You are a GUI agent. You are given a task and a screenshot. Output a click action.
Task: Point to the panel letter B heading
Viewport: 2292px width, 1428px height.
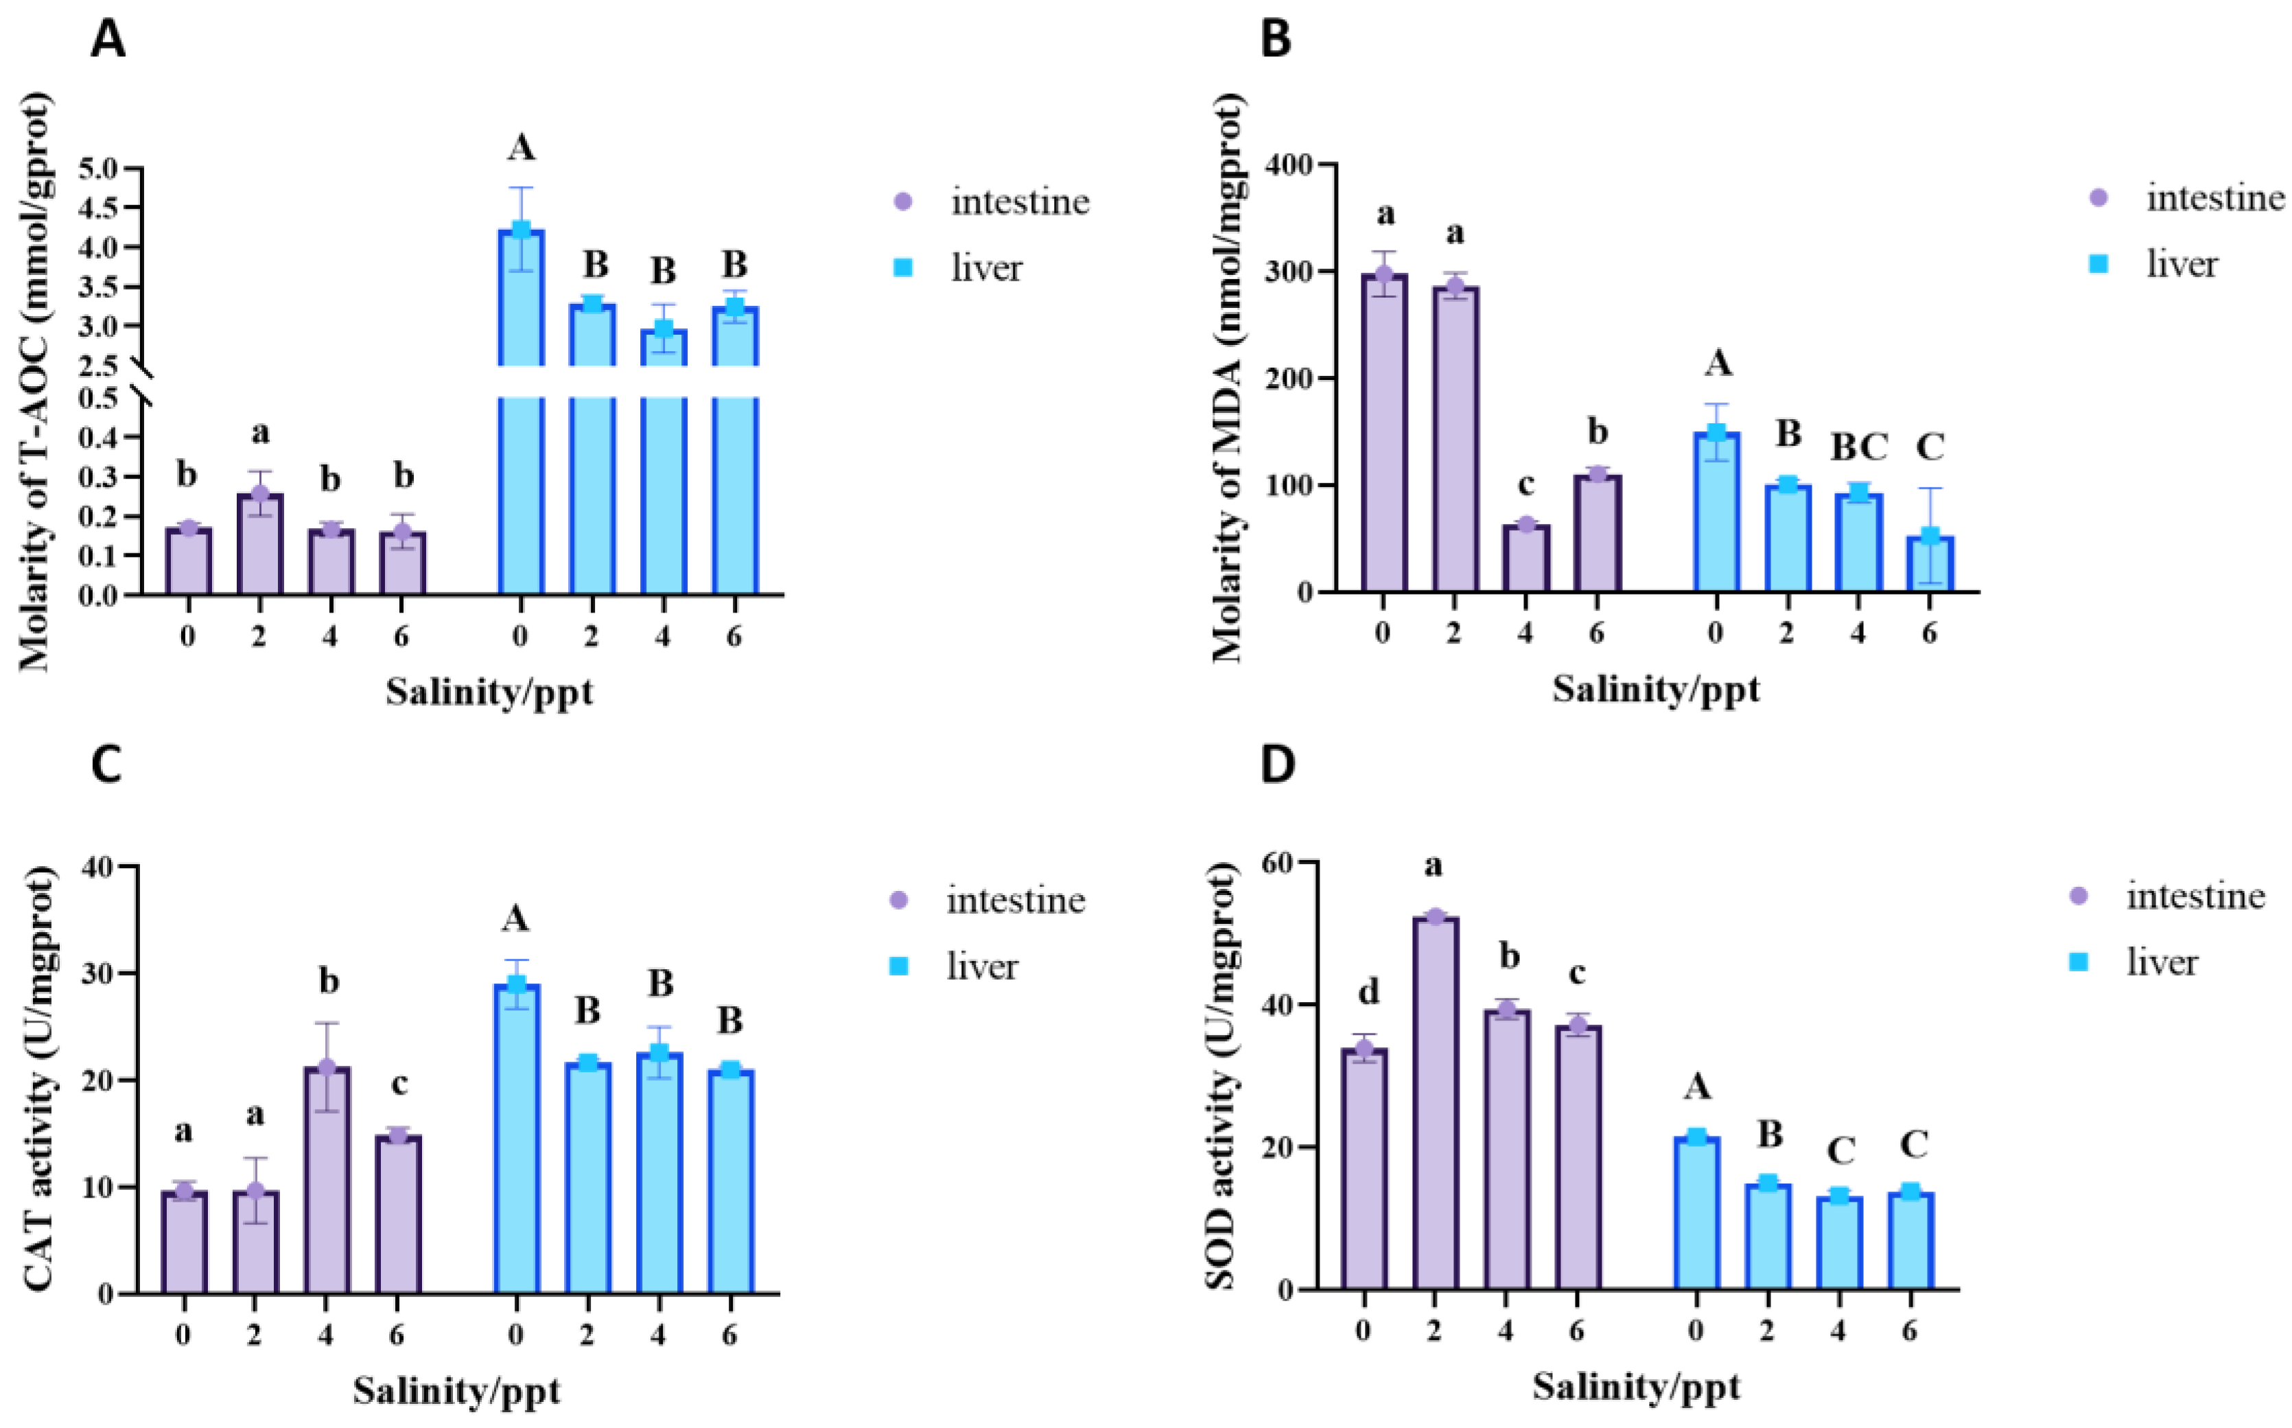(1276, 40)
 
